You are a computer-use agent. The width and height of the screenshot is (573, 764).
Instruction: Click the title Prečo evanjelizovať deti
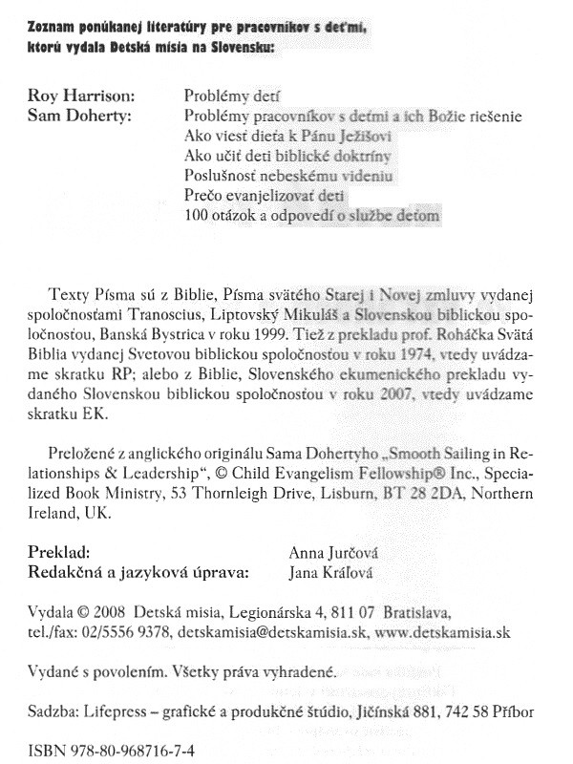click(250, 197)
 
